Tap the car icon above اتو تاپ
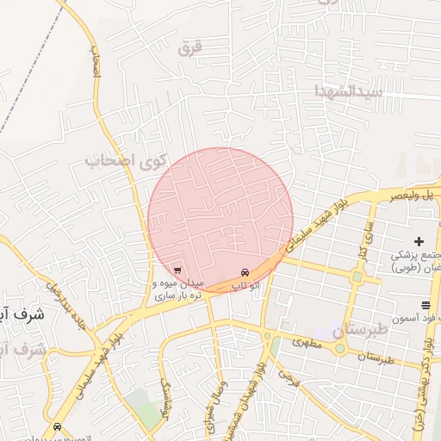pyautogui.click(x=246, y=272)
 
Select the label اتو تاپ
pyautogui.click(x=247, y=284)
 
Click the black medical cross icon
pyautogui.click(x=419, y=241)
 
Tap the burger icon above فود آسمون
pyautogui.click(x=425, y=306)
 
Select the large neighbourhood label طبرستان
pyautogui.click(x=338, y=329)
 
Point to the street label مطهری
pyautogui.click(x=307, y=342)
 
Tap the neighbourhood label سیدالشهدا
pyautogui.click(x=347, y=90)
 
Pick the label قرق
pyautogui.click(x=189, y=48)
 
